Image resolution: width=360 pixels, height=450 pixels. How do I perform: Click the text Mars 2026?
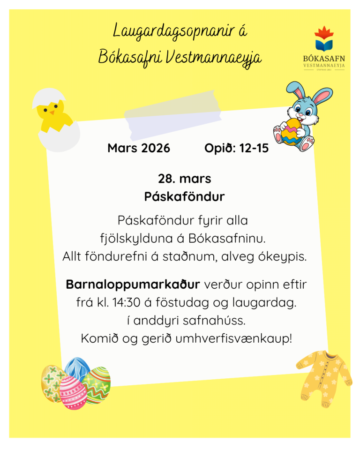[139, 149]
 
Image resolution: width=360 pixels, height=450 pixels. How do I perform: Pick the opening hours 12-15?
[254, 149]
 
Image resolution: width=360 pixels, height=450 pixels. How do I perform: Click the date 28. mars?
[184, 179]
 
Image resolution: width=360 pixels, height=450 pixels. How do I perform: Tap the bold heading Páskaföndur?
[184, 196]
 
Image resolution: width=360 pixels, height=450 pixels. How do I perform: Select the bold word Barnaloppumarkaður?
[133, 285]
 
